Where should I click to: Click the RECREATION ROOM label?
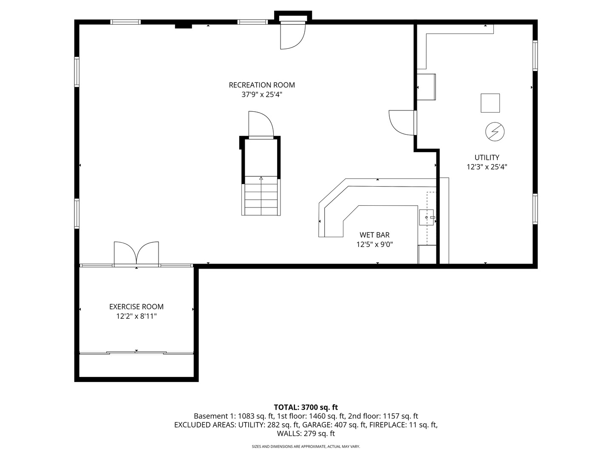[x=262, y=85]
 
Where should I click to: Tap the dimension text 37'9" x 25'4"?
[x=262, y=95]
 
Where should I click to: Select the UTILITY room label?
[x=487, y=157]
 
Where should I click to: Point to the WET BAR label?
[x=374, y=235]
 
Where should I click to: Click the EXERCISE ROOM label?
[x=136, y=306]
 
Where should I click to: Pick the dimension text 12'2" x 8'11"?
[x=136, y=316]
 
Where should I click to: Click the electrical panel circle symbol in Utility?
[x=495, y=132]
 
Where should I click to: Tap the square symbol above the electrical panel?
[x=490, y=103]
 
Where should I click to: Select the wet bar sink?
[x=426, y=217]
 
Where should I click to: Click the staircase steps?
[x=261, y=197]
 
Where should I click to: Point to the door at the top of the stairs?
[x=261, y=125]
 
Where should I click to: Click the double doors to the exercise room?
[x=136, y=254]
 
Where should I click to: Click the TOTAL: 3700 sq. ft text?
[x=306, y=407]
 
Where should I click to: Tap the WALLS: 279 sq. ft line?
[x=306, y=433]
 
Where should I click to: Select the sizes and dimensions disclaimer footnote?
[x=306, y=447]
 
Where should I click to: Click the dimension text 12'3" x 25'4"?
[x=487, y=167]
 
